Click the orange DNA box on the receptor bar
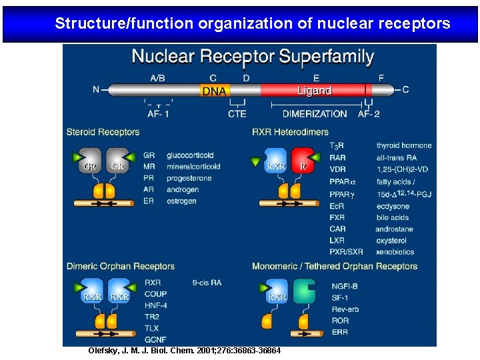point(214,91)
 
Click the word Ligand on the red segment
point(314,91)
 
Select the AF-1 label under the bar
point(158,113)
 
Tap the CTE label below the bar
point(237,113)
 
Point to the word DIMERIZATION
point(315,113)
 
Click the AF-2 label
point(369,113)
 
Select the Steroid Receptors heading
point(103,132)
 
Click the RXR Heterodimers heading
point(290,132)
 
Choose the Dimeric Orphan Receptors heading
point(121,266)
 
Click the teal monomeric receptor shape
point(306,293)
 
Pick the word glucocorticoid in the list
point(191,155)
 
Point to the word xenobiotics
point(395,252)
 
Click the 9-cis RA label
point(207,283)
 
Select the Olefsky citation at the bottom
point(185,351)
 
